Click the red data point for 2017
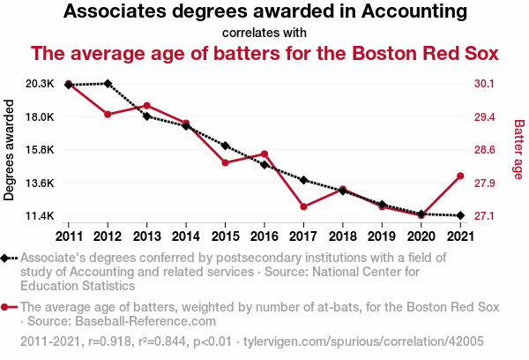coord(303,206)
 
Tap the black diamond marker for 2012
coord(108,84)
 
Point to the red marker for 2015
coord(225,163)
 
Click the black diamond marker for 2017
coord(303,180)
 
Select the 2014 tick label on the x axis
coord(186,236)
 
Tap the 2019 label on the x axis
coord(382,236)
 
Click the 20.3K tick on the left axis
coord(40,84)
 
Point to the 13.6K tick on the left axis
coord(40,183)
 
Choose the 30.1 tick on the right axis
coord(485,84)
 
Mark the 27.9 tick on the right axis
coord(485,183)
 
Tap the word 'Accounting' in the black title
coord(406,12)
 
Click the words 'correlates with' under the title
coord(264,33)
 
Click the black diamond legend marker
coord(7,258)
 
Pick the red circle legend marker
coord(7,307)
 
